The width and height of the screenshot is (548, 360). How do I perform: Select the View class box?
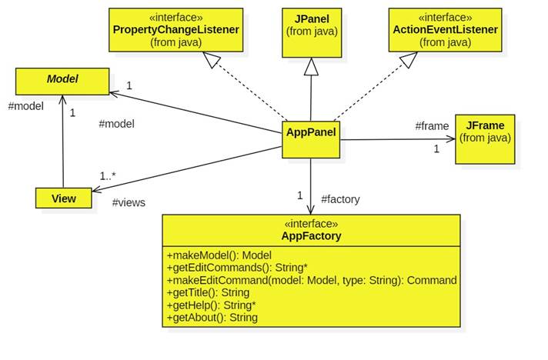coord(63,198)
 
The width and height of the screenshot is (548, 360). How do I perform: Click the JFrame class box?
coord(484,138)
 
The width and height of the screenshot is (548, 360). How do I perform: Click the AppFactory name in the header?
coord(310,236)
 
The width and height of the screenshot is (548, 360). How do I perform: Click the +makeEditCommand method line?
coord(312,280)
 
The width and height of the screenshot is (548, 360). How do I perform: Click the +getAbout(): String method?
coord(212,317)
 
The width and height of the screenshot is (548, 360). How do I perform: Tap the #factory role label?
coord(339,199)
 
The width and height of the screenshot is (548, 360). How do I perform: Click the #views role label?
coord(129,202)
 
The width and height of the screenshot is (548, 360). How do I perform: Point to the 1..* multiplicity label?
coord(108,176)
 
